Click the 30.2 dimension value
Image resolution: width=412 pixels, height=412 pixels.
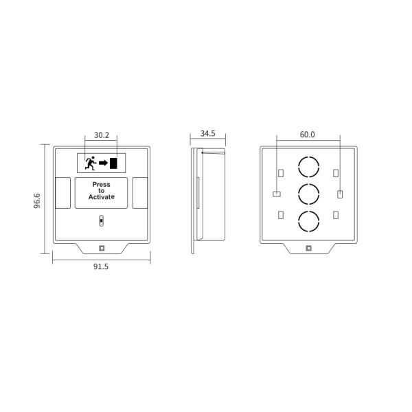click(x=102, y=135)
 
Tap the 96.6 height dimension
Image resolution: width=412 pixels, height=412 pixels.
click(x=37, y=201)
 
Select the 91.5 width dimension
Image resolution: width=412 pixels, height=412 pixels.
click(x=101, y=266)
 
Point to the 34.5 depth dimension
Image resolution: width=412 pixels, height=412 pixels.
click(x=208, y=133)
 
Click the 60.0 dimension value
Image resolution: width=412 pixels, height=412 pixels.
click(x=307, y=135)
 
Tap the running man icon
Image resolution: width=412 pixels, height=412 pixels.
click(x=91, y=163)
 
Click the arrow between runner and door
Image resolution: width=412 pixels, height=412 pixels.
click(x=103, y=163)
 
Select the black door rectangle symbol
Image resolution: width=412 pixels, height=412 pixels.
click(x=113, y=163)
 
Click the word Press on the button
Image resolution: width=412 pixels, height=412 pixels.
click(x=101, y=185)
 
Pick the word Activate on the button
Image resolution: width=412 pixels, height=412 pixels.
click(x=101, y=197)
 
